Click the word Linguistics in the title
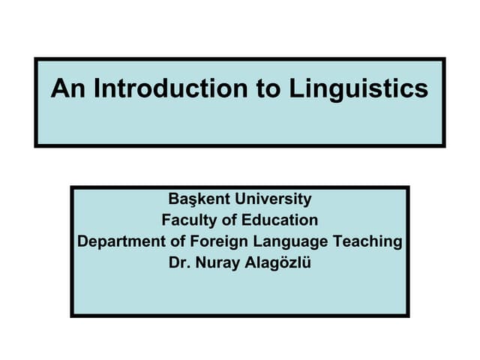(358, 89)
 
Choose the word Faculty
(188, 220)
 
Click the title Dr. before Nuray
(181, 262)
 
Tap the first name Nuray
(217, 262)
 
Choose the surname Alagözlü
(277, 262)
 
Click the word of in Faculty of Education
(229, 220)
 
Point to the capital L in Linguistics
(295, 89)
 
